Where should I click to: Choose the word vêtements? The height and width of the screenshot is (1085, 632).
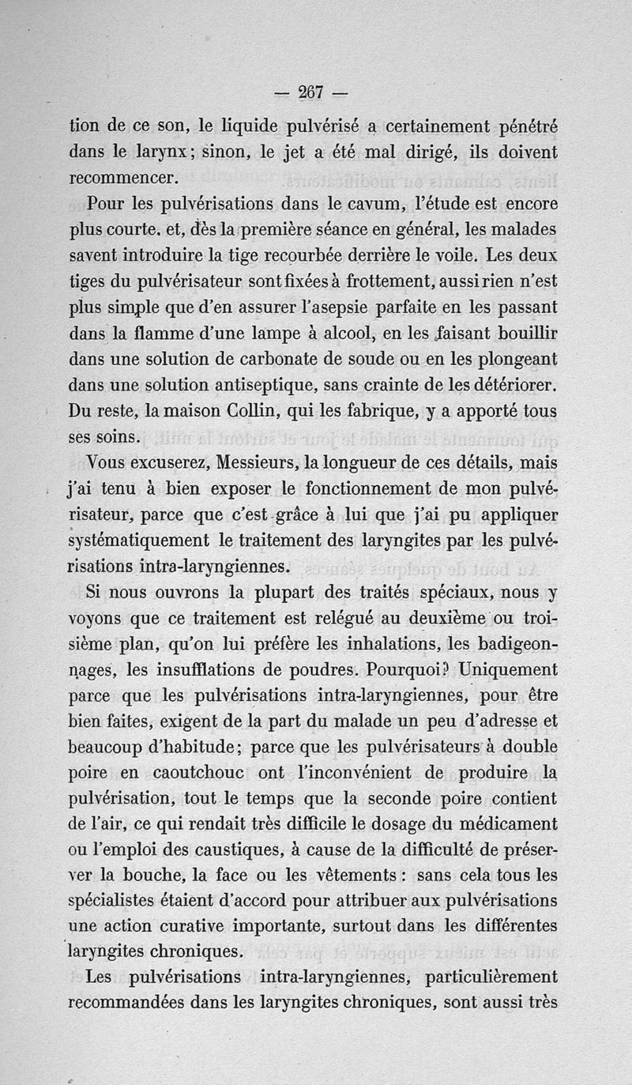coord(355,875)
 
